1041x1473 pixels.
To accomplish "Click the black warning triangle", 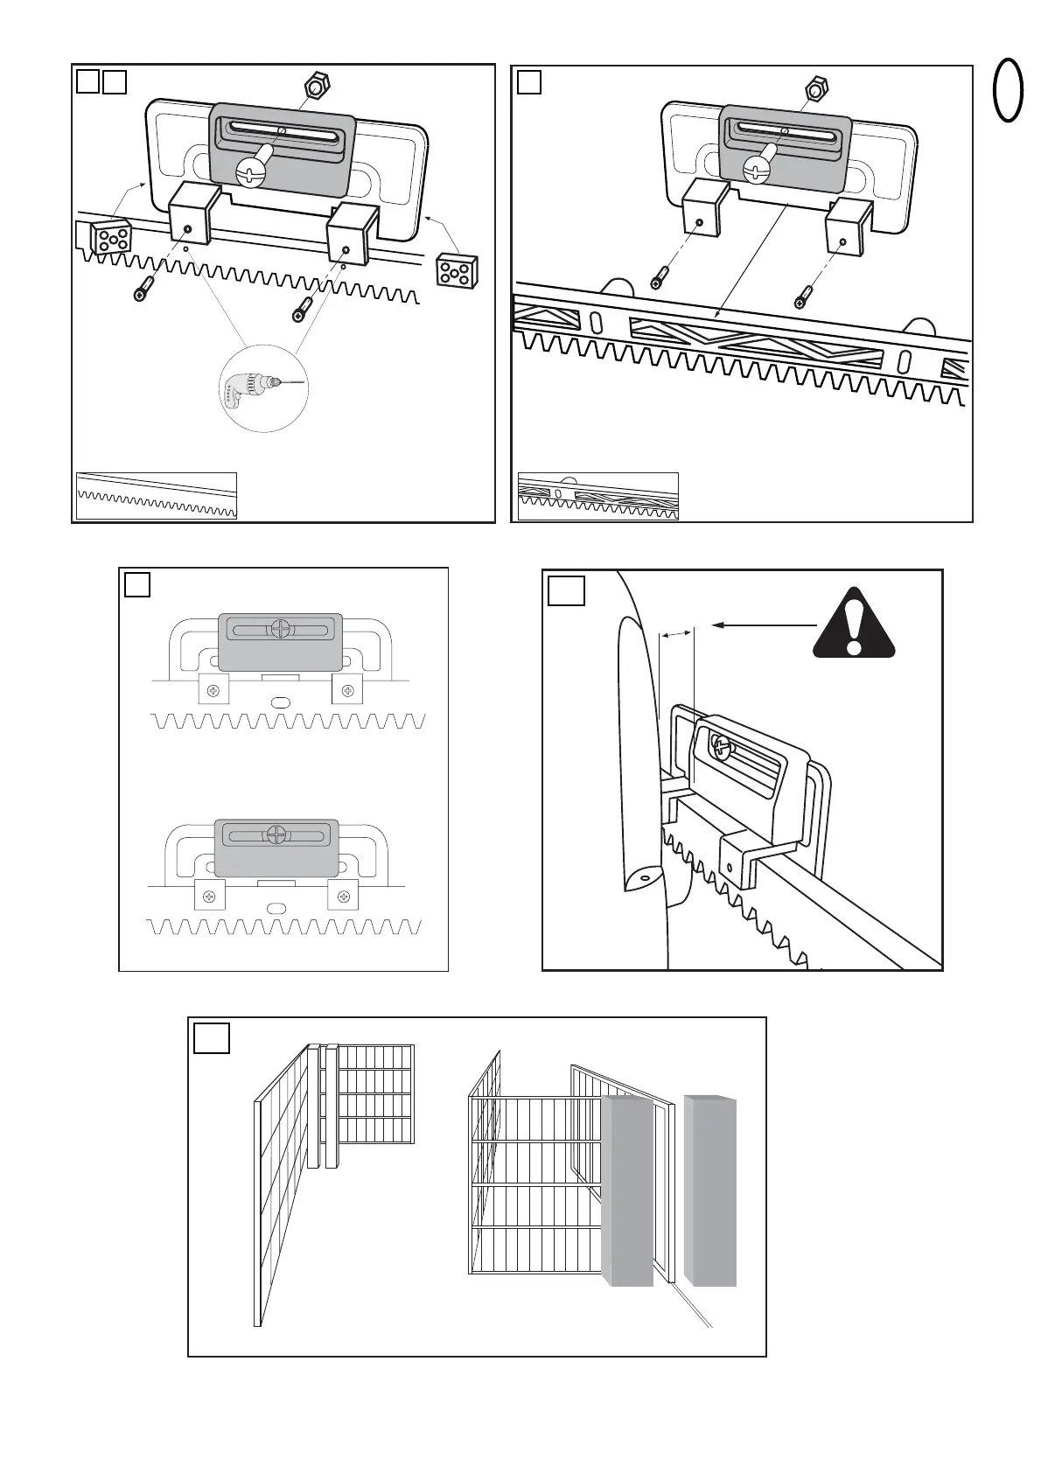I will [x=854, y=625].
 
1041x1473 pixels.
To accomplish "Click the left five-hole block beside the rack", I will [x=111, y=237].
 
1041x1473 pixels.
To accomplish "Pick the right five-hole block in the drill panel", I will [x=456, y=270].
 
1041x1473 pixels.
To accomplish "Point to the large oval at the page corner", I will [x=1009, y=89].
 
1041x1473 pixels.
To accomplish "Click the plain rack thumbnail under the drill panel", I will [x=157, y=496].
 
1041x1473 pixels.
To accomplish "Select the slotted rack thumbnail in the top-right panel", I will [x=598, y=496].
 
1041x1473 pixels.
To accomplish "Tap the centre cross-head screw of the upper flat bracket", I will [x=280, y=628].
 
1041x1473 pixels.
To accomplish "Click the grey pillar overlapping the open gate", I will [x=628, y=1191].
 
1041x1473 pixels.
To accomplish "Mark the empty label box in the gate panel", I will [x=212, y=1038].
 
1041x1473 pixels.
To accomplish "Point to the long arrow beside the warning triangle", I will [x=765, y=625].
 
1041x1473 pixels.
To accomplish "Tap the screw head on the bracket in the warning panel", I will [x=721, y=746].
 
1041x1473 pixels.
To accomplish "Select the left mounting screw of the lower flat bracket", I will [x=210, y=897].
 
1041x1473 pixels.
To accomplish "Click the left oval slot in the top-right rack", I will [x=596, y=322].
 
